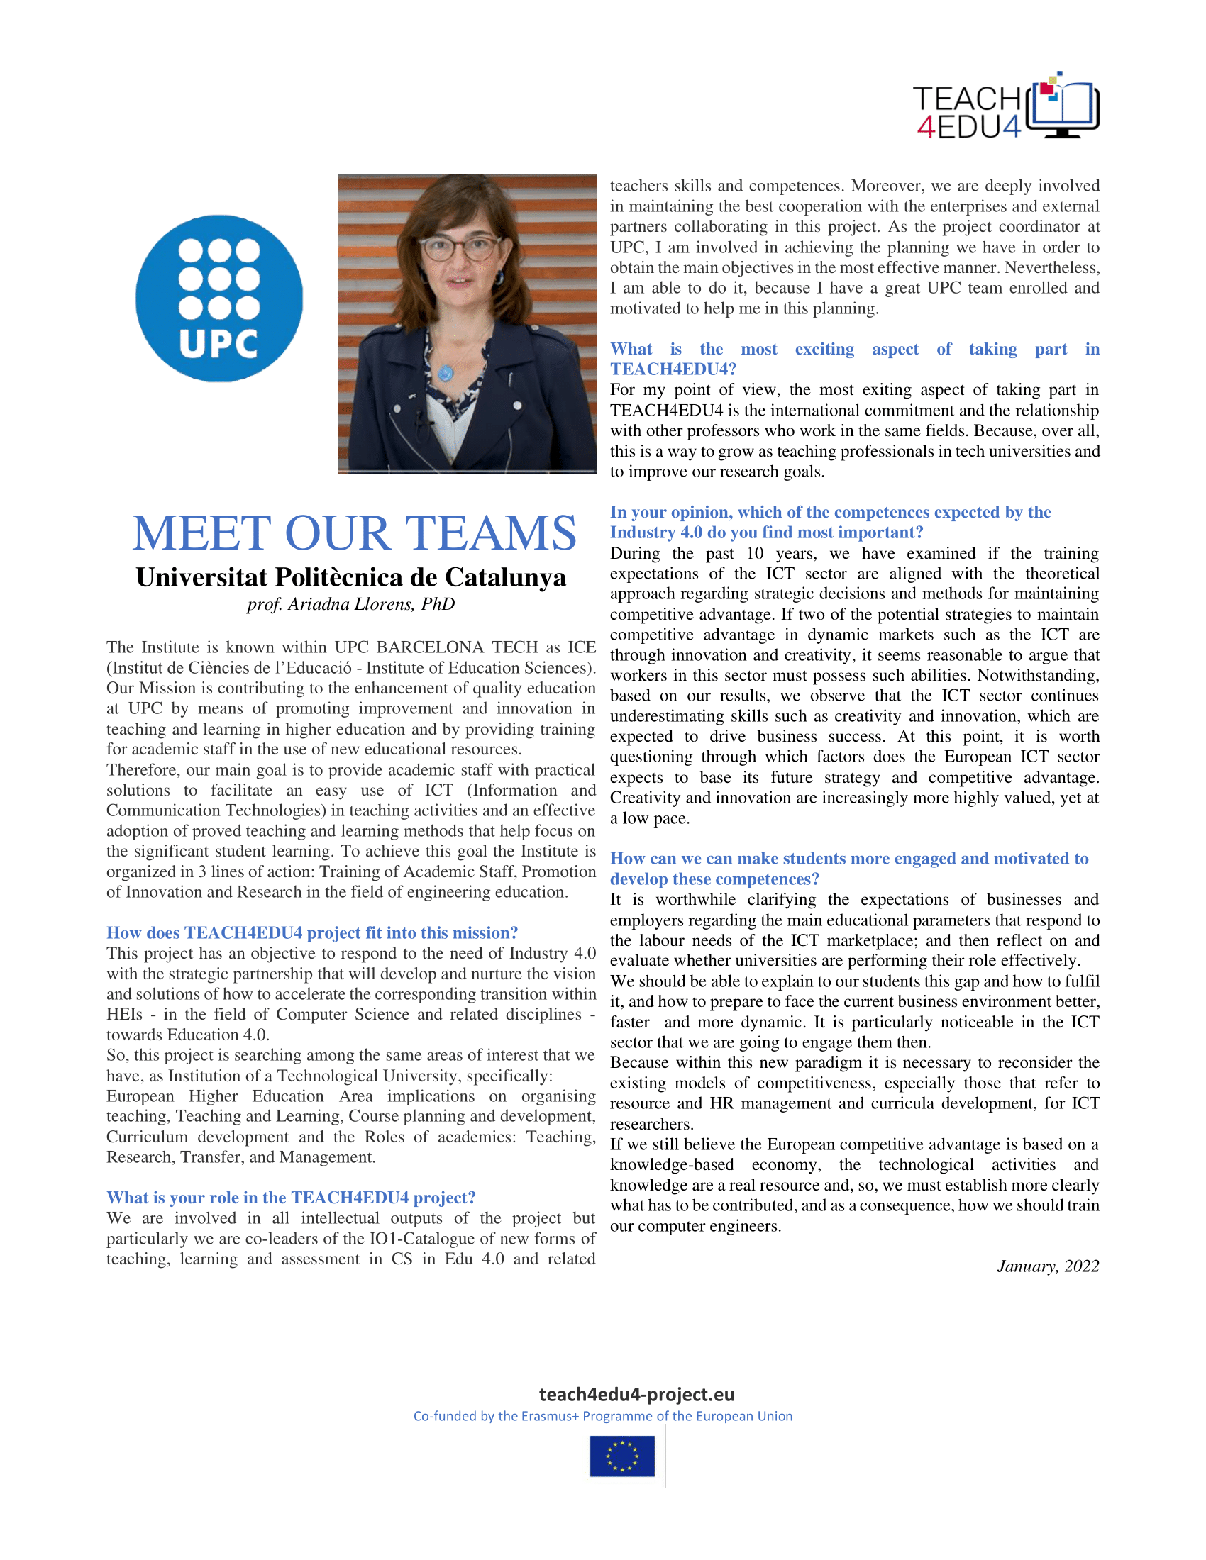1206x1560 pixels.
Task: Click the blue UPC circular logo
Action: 218,299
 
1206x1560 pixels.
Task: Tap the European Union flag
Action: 621,1456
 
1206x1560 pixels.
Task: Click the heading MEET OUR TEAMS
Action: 355,533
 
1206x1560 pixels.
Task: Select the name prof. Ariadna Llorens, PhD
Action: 350,604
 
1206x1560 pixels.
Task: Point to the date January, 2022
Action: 1047,1266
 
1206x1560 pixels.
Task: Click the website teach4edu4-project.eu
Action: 636,1394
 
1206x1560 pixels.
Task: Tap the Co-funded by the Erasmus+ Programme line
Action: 603,1416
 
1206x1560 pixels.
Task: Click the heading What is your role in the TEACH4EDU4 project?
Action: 291,1197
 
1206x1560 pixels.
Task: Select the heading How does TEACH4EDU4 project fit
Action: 311,932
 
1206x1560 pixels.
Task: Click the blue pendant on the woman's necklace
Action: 446,373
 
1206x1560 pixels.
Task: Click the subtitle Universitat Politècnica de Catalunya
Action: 350,577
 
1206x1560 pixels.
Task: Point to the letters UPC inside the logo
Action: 218,344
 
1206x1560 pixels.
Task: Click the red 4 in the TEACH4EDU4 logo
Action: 926,127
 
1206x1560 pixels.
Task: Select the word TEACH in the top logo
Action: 966,99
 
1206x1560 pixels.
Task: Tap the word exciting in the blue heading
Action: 824,349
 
